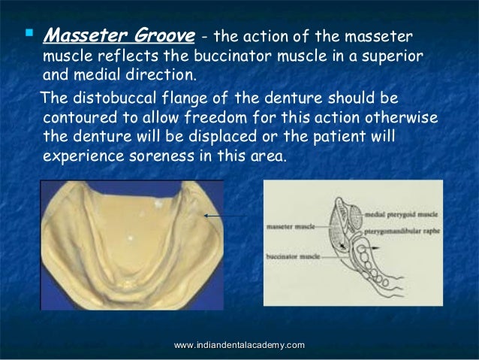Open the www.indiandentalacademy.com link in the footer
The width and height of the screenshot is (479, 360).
[239, 344]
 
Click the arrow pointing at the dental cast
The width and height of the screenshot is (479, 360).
[223, 216]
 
